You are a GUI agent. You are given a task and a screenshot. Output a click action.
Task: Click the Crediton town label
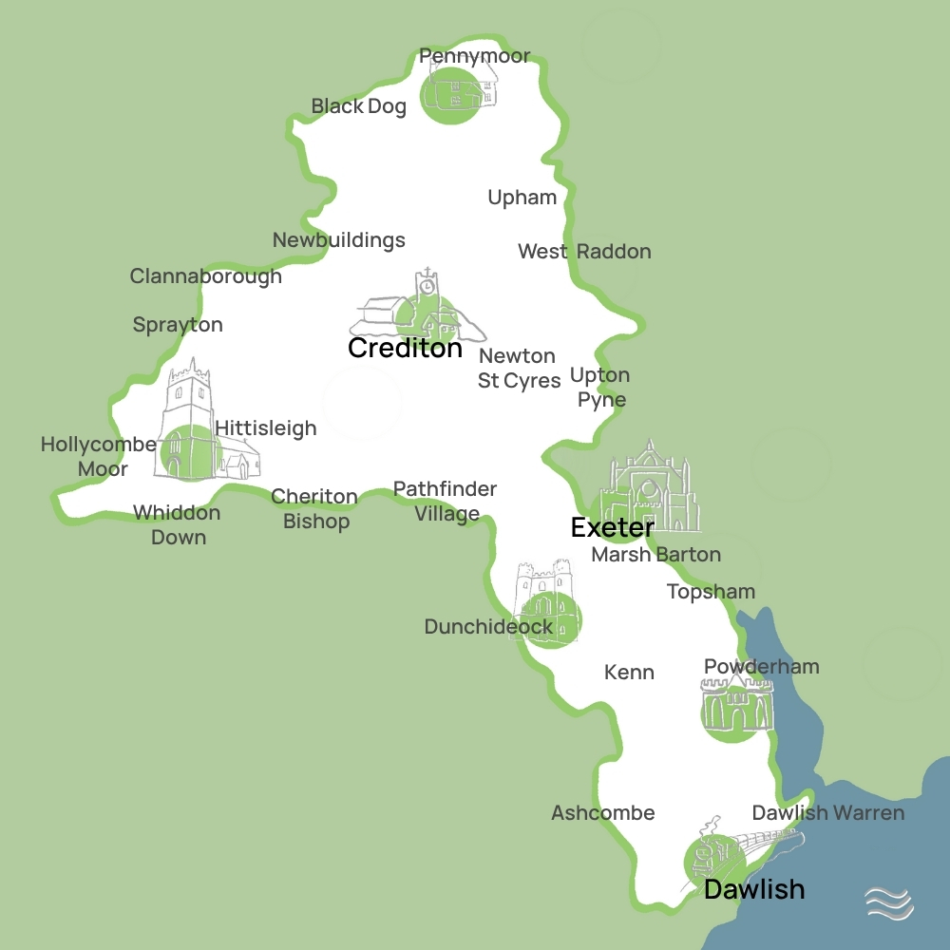click(x=405, y=348)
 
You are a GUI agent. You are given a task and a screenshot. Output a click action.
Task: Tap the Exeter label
click(x=612, y=527)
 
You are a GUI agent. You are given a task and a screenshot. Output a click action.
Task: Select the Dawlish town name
click(x=754, y=889)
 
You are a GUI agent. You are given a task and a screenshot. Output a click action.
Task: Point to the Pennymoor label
click(x=474, y=56)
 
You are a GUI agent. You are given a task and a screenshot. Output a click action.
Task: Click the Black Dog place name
click(x=359, y=106)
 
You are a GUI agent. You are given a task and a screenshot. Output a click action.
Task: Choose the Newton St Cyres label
click(x=518, y=368)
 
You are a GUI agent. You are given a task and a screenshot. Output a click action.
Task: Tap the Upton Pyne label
click(x=600, y=387)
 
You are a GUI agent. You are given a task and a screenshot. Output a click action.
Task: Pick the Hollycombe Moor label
click(x=99, y=456)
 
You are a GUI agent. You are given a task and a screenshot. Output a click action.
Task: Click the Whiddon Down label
click(x=177, y=524)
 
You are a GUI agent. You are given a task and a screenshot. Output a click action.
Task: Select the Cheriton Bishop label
click(x=315, y=508)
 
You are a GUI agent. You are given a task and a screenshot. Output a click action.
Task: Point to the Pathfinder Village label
click(x=446, y=501)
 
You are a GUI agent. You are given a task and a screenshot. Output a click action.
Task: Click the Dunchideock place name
click(x=488, y=627)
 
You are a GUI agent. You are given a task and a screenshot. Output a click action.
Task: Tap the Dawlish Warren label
click(x=827, y=813)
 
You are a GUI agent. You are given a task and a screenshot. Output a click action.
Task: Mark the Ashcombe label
click(x=603, y=813)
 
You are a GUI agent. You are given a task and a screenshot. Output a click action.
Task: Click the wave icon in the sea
click(x=889, y=902)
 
